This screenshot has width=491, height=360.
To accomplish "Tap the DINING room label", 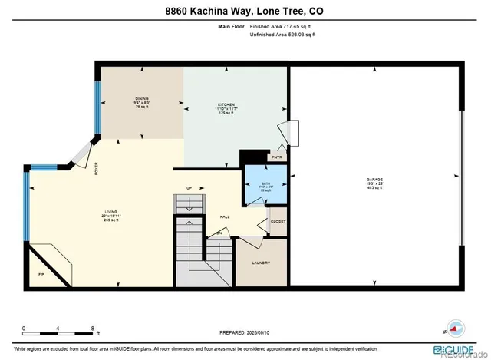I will (142, 99).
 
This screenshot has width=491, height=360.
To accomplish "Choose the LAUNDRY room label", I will (261, 263).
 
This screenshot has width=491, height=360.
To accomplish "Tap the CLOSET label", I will (278, 221).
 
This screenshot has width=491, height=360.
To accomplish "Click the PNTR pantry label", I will (277, 157).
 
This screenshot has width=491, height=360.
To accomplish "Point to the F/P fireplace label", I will (41, 273).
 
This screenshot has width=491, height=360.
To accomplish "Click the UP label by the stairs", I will (189, 188).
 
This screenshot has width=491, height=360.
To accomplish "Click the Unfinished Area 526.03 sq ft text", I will (281, 35).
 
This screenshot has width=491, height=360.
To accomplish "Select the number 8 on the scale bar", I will (93, 327).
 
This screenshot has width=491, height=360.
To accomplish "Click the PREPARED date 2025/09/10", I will (267, 332).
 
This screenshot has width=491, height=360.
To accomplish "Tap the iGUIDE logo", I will (458, 335).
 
